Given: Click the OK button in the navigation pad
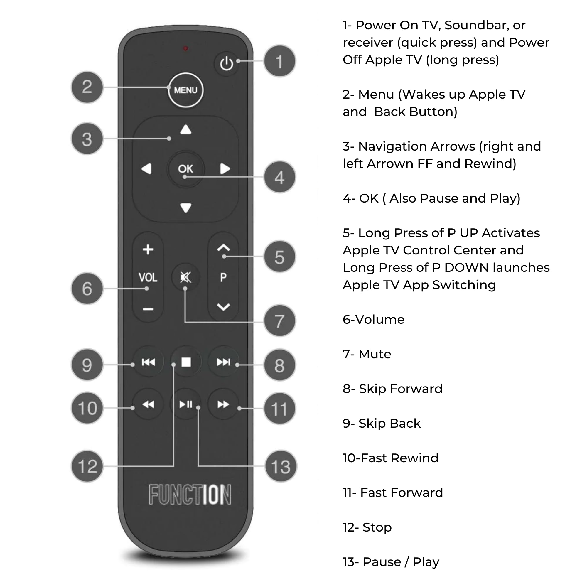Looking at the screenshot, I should (185, 169).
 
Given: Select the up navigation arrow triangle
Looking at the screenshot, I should (186, 130).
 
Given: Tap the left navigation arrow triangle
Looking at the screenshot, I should (147, 169).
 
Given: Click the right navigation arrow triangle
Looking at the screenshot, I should (225, 169).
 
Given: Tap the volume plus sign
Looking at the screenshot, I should (148, 249).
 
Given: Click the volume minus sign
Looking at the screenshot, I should (148, 309).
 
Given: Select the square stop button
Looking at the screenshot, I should (186, 362).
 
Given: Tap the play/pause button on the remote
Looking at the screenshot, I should (186, 404).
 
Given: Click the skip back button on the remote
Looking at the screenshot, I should (148, 362).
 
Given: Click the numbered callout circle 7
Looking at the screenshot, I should (279, 321).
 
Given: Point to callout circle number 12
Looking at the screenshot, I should (87, 466).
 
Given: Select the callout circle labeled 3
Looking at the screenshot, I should (87, 139).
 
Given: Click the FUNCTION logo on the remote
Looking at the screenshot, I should (190, 495).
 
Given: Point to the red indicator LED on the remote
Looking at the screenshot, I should (185, 48).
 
